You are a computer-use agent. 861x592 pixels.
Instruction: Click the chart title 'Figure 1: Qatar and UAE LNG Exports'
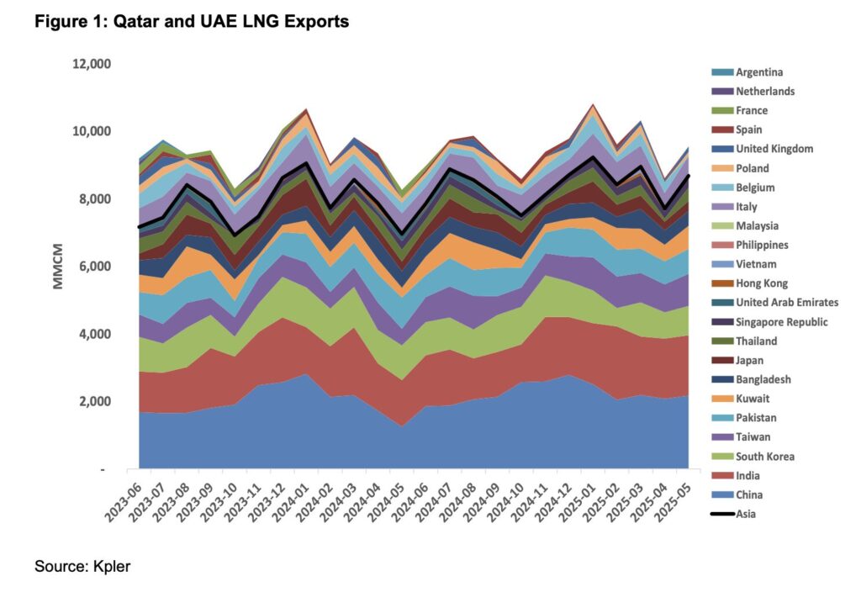192,22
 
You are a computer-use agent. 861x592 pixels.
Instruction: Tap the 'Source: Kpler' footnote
82,567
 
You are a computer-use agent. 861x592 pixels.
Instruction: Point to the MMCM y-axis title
58,267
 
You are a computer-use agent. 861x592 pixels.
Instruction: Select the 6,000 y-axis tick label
96,267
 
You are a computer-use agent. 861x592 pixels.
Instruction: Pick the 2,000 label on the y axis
96,402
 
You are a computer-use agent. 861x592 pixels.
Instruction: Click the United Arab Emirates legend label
786,303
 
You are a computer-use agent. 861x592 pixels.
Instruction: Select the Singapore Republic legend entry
781,322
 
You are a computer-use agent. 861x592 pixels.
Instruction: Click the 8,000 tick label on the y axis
96,199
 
